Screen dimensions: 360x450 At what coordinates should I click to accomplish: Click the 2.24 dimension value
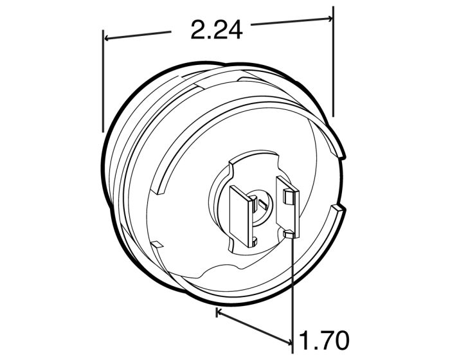217,29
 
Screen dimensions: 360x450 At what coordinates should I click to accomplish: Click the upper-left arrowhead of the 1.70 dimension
219,313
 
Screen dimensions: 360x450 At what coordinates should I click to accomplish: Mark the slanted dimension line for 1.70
254,327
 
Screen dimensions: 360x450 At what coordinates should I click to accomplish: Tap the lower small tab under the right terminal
290,235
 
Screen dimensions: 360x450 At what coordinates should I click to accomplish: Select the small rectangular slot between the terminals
259,203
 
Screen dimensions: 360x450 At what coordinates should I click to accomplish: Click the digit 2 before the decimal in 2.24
200,29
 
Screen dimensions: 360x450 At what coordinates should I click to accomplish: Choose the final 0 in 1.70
340,339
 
